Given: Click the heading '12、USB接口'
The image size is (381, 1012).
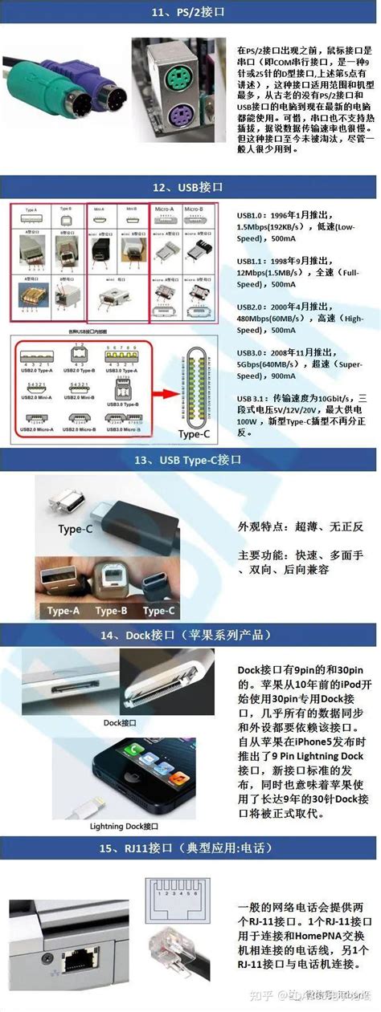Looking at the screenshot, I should coord(190,187).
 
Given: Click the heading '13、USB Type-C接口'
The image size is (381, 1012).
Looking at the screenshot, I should coord(190,460).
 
